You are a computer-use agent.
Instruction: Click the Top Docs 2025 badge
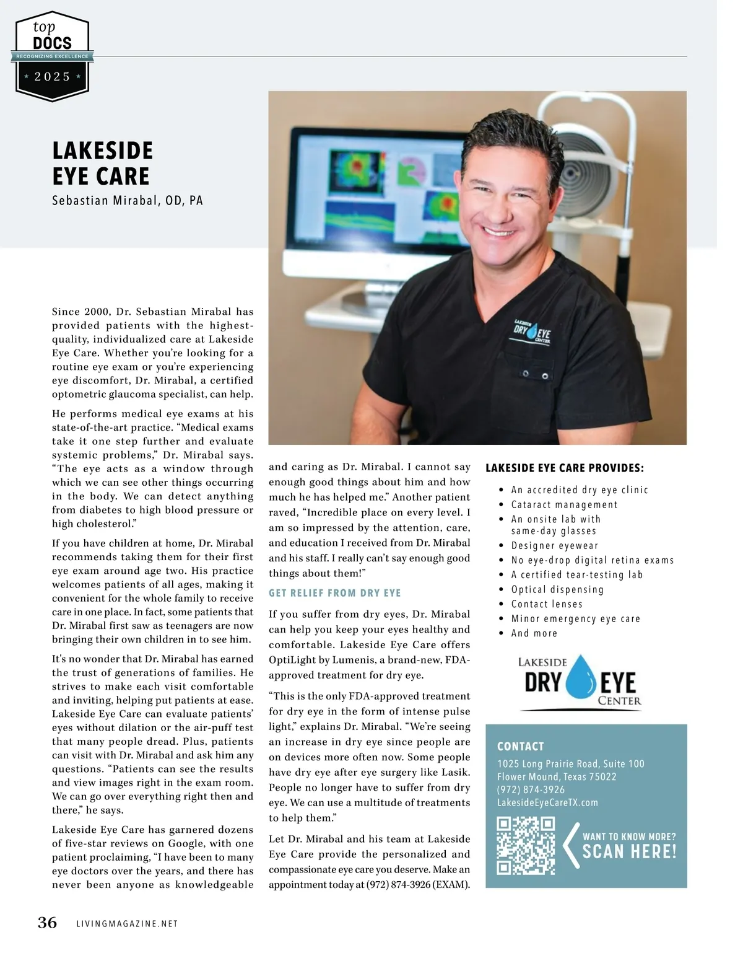click(53, 56)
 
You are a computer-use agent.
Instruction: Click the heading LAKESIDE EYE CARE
click(103, 163)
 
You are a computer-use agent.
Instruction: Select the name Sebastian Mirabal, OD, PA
click(128, 201)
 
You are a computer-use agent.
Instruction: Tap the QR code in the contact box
click(526, 845)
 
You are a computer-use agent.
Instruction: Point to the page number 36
click(48, 923)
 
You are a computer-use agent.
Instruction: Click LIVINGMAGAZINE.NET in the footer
click(127, 924)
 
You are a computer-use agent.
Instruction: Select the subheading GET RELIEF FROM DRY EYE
click(334, 593)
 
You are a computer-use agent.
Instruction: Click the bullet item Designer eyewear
click(555, 546)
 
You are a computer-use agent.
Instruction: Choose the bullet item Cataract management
click(564, 504)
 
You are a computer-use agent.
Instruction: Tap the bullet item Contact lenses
click(547, 604)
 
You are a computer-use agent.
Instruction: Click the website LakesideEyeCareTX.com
click(547, 803)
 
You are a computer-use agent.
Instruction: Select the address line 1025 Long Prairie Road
click(570, 764)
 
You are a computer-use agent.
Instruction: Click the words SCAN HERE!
click(629, 851)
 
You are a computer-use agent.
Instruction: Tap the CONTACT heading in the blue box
click(520, 747)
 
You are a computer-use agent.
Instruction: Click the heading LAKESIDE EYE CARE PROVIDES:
click(564, 468)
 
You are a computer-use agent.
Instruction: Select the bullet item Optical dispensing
click(557, 590)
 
